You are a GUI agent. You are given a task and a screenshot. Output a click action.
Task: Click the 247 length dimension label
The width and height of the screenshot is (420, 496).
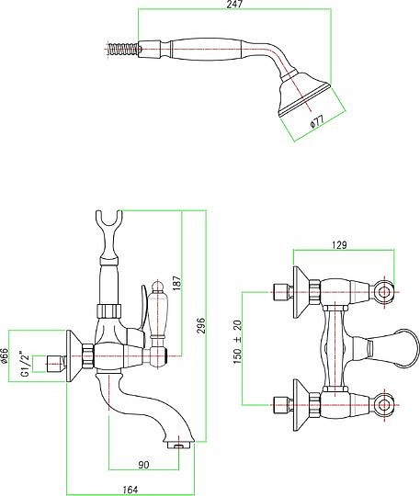(x=234, y=4)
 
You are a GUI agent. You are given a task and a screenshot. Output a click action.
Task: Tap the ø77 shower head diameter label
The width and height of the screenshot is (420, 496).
(x=317, y=122)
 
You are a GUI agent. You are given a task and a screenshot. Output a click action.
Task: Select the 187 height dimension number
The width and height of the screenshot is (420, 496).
(x=177, y=283)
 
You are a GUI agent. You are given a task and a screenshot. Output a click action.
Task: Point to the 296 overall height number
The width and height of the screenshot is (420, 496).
(x=201, y=325)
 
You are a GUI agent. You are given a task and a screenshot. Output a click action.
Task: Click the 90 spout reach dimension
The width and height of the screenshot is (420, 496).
(x=143, y=465)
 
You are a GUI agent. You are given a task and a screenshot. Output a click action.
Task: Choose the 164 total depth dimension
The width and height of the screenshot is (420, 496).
(x=131, y=490)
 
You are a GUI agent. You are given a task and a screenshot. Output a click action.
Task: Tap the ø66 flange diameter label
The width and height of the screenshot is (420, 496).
(x=4, y=355)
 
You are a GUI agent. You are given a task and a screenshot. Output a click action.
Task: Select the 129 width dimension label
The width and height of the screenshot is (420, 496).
(x=339, y=245)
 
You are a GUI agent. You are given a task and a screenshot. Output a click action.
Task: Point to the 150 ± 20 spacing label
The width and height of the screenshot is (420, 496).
(x=238, y=342)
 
